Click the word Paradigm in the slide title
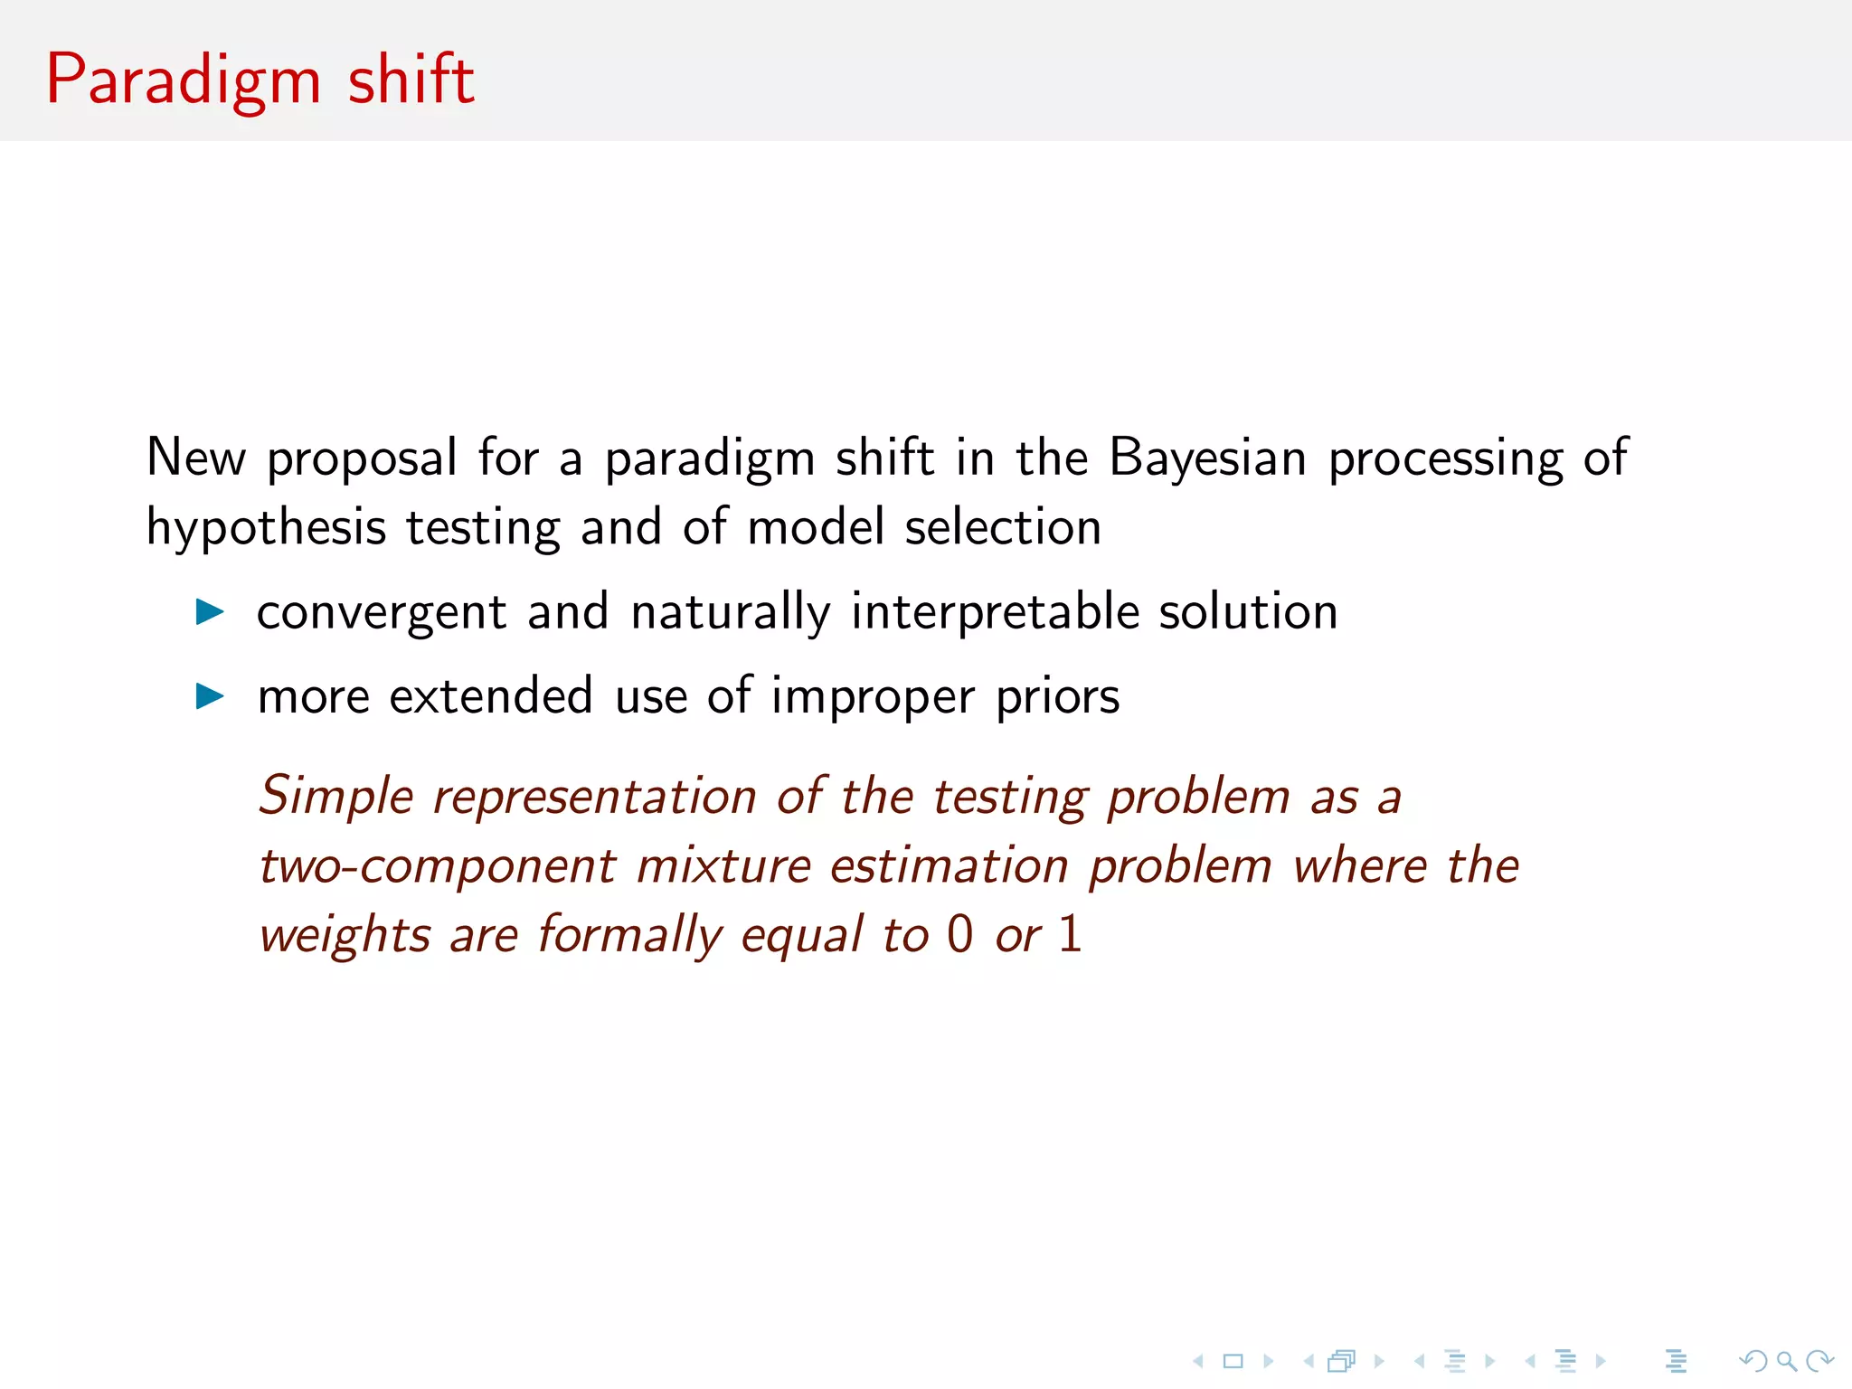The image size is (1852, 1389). [184, 80]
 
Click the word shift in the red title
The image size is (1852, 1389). [411, 80]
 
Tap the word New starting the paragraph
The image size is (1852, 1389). [195, 457]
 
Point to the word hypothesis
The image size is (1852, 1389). [265, 527]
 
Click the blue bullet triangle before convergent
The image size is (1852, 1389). [210, 612]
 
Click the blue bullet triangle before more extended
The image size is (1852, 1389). [210, 696]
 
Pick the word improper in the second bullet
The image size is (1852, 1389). [873, 697]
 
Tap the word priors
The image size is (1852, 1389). [1057, 697]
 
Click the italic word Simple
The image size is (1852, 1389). [336, 797]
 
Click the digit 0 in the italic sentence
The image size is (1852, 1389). [959, 934]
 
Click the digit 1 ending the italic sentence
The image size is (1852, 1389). [1070, 934]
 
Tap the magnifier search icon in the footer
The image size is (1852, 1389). [1785, 1361]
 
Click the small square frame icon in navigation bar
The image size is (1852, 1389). [1233, 1361]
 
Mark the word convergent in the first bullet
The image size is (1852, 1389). [381, 613]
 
